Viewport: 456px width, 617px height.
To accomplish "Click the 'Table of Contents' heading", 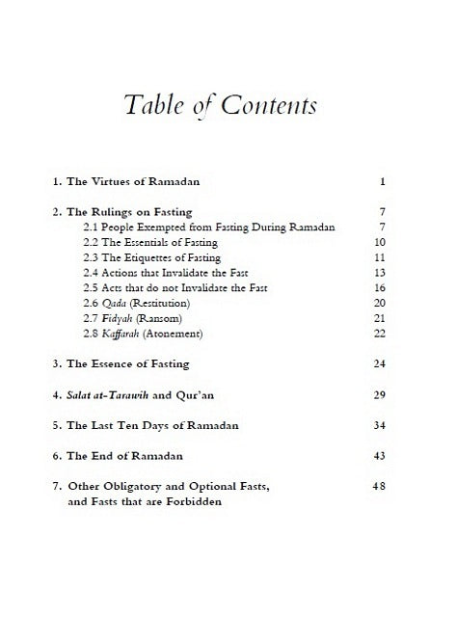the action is point(228,107).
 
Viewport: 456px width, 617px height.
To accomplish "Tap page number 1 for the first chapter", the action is point(383,181).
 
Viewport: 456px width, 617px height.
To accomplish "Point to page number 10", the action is point(380,242).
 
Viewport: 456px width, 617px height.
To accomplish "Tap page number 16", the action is point(380,288).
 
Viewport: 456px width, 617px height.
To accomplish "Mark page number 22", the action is point(380,335).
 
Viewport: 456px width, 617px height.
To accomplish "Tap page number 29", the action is point(380,395).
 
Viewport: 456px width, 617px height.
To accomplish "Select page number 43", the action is point(380,455).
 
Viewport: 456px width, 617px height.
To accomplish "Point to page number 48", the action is point(379,486).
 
